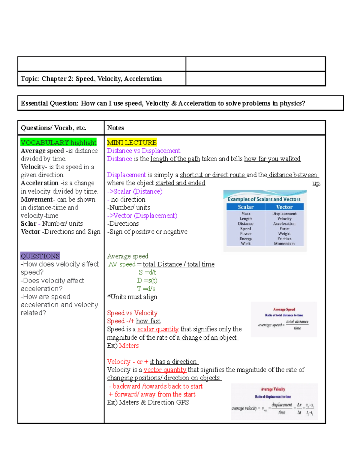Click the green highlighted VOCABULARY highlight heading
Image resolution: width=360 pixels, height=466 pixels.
pyautogui.click(x=58, y=143)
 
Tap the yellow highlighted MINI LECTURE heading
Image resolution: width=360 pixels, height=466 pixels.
pyautogui.click(x=132, y=143)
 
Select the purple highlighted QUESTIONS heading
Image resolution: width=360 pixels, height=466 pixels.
pyautogui.click(x=40, y=256)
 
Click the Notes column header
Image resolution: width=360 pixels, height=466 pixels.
pyautogui.click(x=115, y=128)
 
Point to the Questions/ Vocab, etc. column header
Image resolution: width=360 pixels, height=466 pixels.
pyautogui.click(x=53, y=128)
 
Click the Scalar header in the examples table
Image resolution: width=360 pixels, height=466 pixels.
pyautogui.click(x=246, y=207)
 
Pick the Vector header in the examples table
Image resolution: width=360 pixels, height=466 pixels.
pyautogui.click(x=284, y=207)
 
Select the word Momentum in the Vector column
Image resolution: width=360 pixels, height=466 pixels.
pyautogui.click(x=284, y=244)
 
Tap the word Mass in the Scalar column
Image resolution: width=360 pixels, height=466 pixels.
pyautogui.click(x=246, y=214)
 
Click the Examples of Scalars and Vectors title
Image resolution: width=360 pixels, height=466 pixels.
pyautogui.click(x=264, y=199)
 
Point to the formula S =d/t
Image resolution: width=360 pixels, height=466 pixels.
pyautogui.click(x=147, y=272)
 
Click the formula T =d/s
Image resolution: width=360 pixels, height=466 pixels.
pyautogui.click(x=146, y=289)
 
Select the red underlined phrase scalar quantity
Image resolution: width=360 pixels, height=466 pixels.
pyautogui.click(x=158, y=329)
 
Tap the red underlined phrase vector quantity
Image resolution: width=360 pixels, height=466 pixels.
pyautogui.click(x=165, y=370)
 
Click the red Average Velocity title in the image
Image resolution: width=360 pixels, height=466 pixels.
pyautogui.click(x=273, y=389)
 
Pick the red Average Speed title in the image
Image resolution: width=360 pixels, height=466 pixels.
pyautogui.click(x=284, y=309)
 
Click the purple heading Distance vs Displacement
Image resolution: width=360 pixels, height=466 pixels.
pyautogui.click(x=143, y=151)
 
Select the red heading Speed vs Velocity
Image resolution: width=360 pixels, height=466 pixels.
pyautogui.click(x=132, y=313)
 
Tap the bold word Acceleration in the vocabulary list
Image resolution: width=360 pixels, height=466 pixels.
pyautogui.click(x=40, y=183)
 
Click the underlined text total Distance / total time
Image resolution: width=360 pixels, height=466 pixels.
pyautogui.click(x=178, y=264)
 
